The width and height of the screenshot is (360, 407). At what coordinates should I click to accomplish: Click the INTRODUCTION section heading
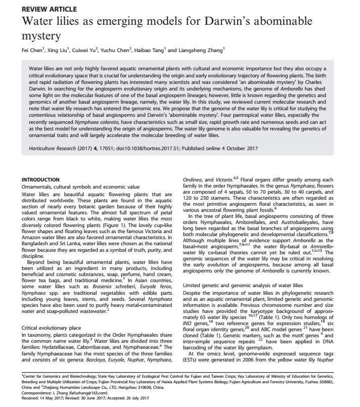click(44, 179)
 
